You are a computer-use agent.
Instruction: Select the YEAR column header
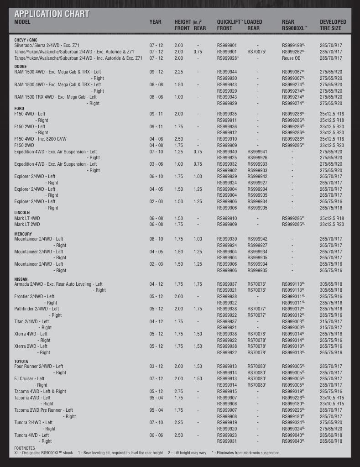coord(155,22)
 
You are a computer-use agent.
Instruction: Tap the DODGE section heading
coord(21,66)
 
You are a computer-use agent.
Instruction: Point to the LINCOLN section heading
coord(22,213)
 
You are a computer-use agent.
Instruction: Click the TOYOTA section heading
coord(21,361)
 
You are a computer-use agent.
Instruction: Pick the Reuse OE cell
coord(291,58)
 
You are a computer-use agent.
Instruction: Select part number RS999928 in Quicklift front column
coord(228,58)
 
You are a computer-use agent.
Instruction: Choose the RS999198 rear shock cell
coord(293,46)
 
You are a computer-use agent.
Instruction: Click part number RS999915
coord(227,391)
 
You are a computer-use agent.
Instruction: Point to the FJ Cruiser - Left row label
coord(29,379)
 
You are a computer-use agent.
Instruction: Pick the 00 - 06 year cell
coord(156,435)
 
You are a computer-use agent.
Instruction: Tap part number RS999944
coord(227,72)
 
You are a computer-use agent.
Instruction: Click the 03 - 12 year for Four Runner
coord(156,367)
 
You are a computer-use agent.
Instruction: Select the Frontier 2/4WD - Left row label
coord(34,296)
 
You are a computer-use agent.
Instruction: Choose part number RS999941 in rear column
coord(257,152)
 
